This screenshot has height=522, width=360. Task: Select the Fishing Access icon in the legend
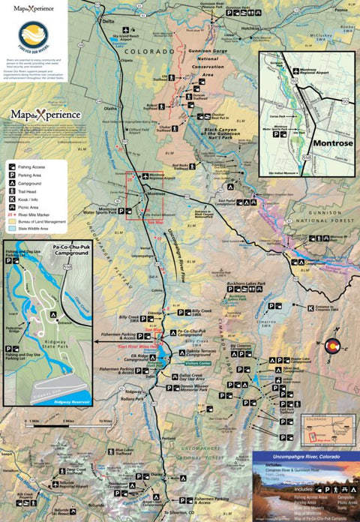[13, 164]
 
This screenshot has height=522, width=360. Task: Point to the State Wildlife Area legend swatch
[13, 229]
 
